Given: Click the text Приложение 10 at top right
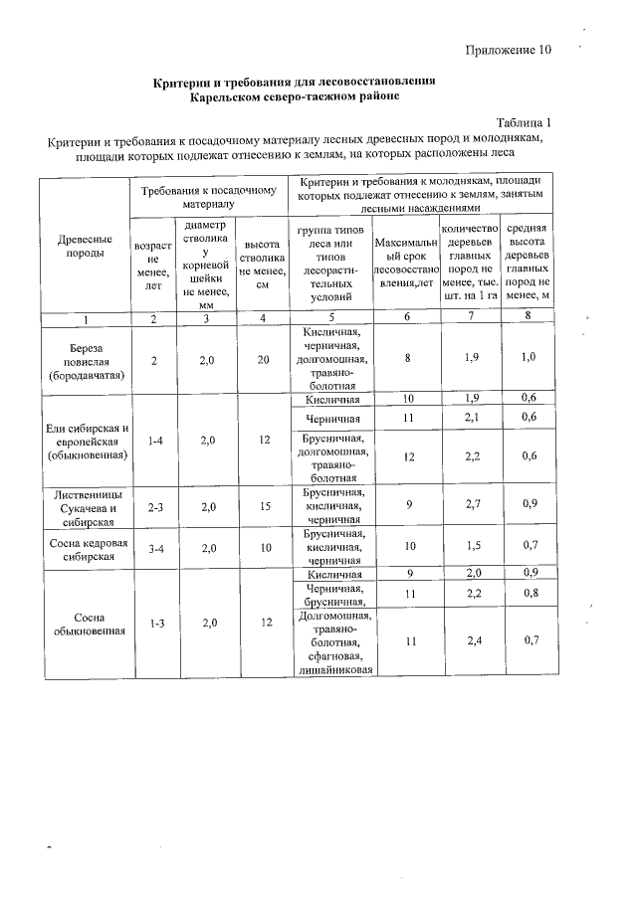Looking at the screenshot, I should (506, 50).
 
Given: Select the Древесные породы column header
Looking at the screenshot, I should (85, 246).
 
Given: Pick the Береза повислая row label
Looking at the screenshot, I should (85, 360).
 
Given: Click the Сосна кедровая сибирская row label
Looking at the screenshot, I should (85, 549).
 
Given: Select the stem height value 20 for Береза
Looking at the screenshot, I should (262, 360).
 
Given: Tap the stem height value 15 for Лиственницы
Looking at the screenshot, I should (262, 505).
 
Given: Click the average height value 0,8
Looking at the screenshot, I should (529, 594).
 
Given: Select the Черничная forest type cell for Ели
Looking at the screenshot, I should (332, 419).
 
